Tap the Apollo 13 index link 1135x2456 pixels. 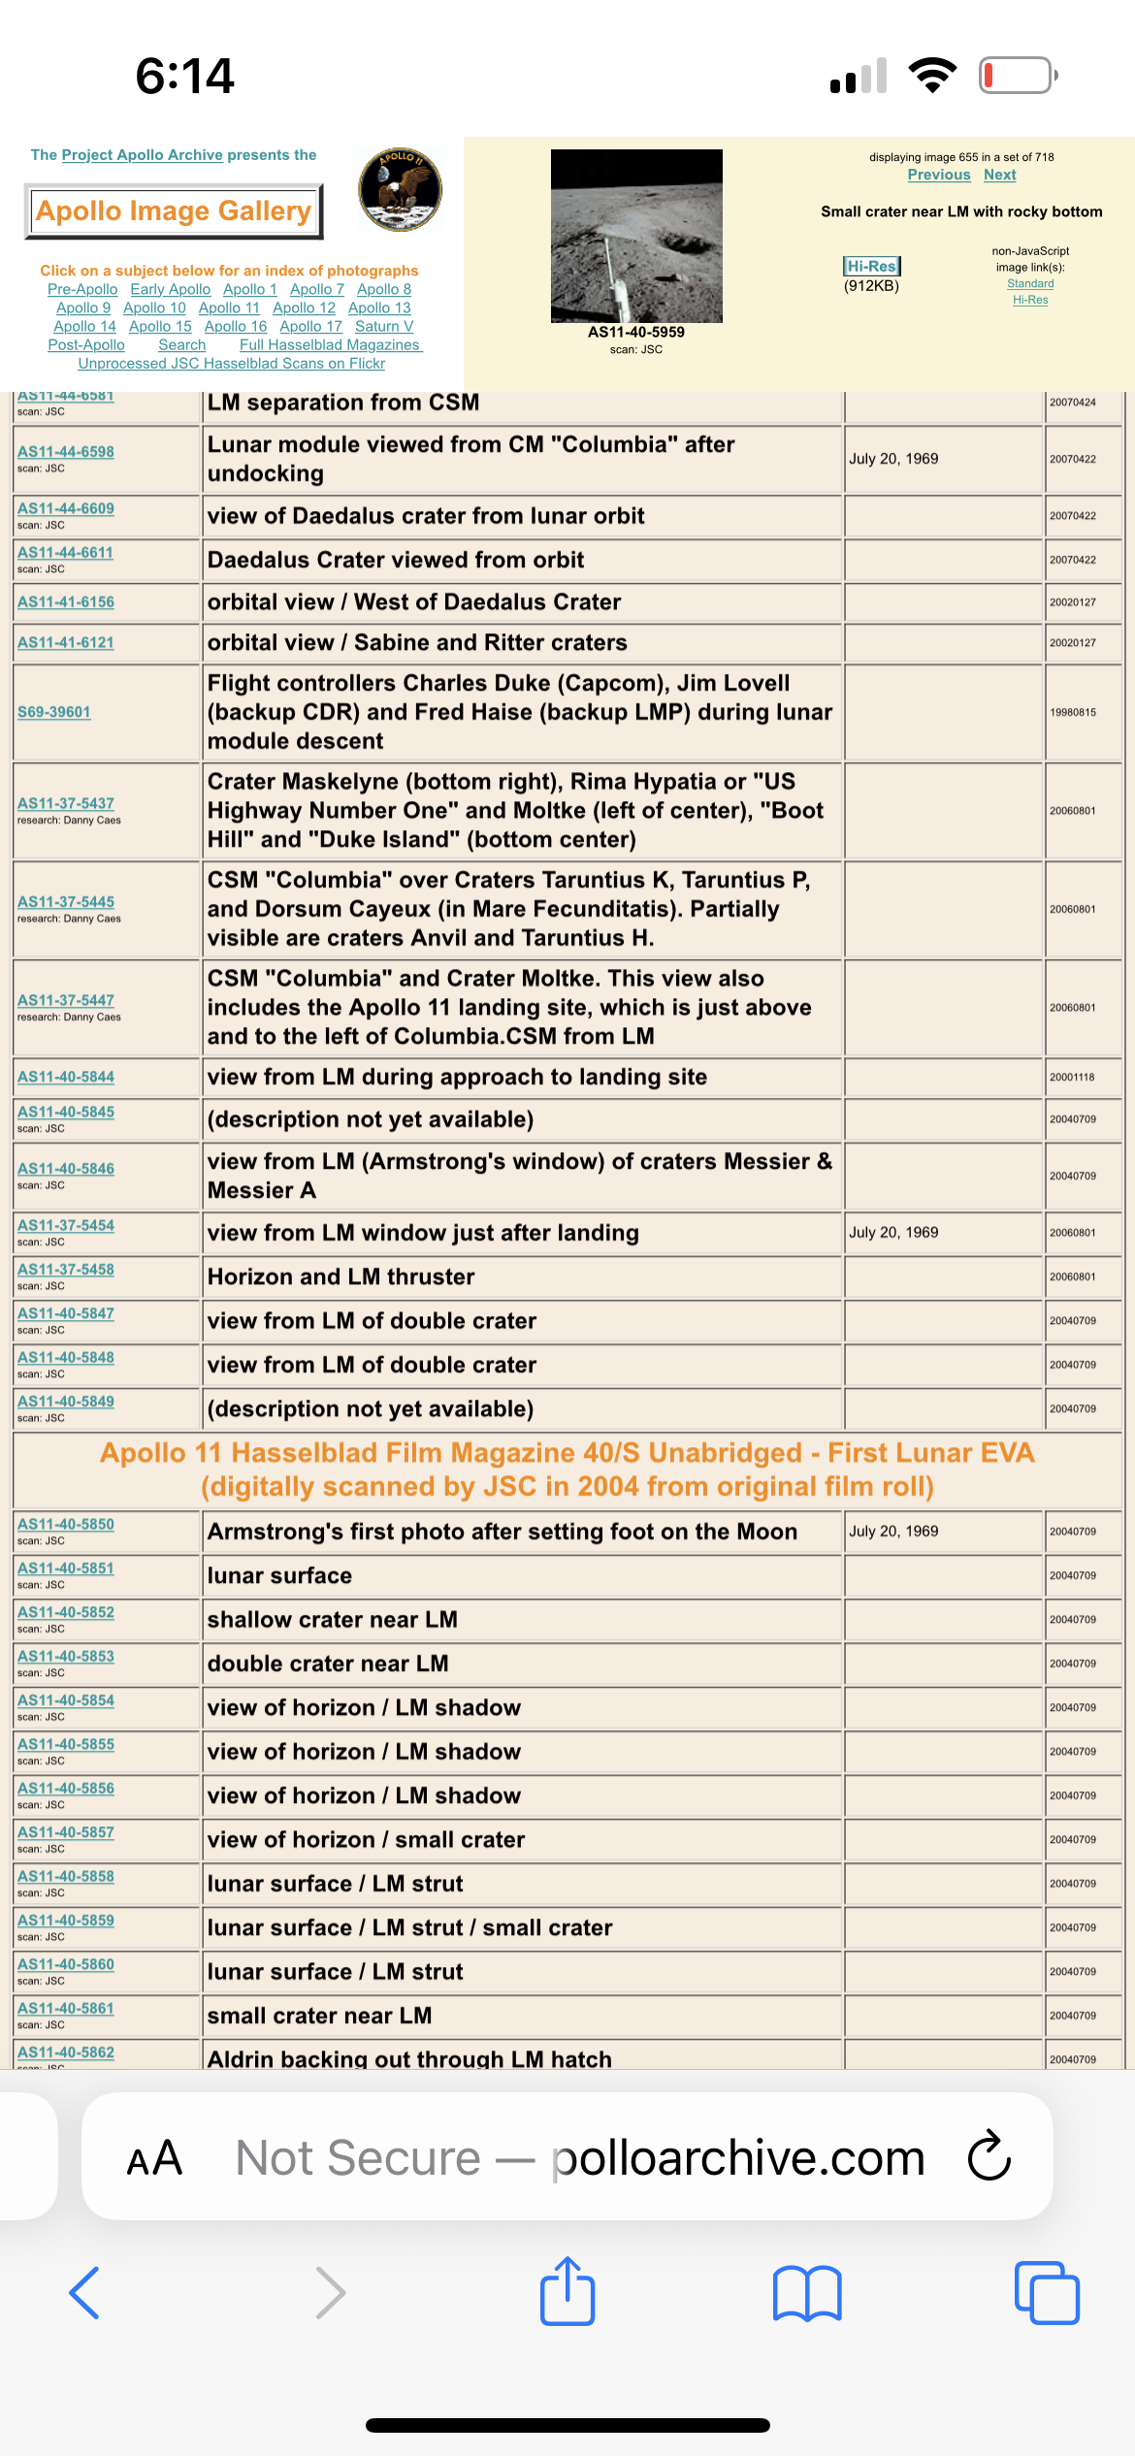coord(379,307)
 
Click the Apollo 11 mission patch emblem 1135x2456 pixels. coord(400,189)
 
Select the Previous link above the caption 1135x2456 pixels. coord(938,175)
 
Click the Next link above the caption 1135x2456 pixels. coord(999,175)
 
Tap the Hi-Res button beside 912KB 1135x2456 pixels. coord(871,266)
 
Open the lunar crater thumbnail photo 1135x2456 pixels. coord(636,236)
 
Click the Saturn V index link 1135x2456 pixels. coord(383,326)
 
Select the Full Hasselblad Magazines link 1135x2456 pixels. coord(330,344)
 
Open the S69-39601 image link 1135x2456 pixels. coord(54,712)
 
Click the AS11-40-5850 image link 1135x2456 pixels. coord(66,1524)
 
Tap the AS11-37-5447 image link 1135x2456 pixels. coord(66,1000)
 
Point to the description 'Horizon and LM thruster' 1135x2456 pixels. coord(341,1276)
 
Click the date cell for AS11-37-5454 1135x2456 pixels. coord(893,1232)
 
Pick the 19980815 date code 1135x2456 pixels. coord(1072,712)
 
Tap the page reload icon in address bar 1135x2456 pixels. coord(989,2157)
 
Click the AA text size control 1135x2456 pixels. coord(154,2158)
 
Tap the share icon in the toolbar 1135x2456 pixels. coord(567,2292)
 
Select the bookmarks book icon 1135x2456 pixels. coord(807,2293)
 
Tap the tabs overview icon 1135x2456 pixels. coord(1046,2293)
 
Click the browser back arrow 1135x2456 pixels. coord(85,2293)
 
